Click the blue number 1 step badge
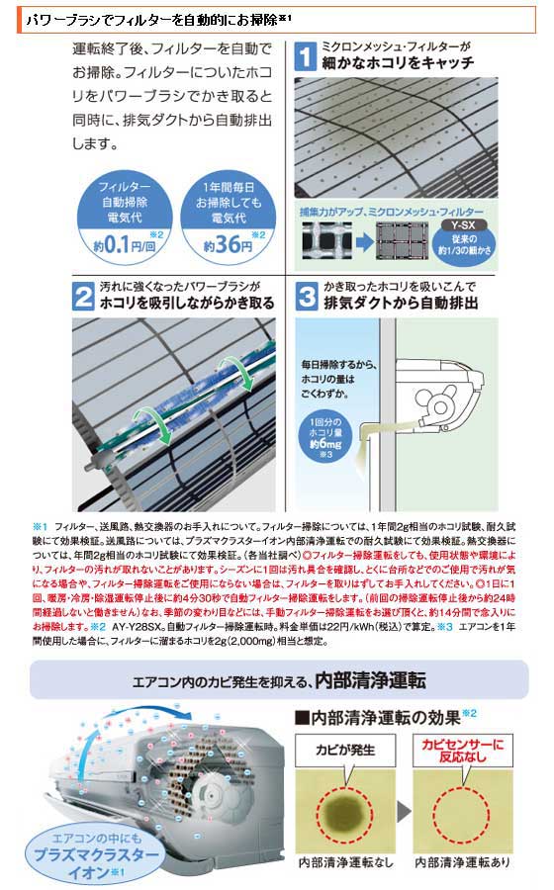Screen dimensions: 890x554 [x=309, y=56]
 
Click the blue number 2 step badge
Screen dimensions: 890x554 [x=86, y=296]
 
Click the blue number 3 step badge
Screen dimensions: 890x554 [x=309, y=296]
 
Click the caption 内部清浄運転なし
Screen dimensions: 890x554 [x=348, y=863]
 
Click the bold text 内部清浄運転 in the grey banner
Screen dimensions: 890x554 [x=371, y=680]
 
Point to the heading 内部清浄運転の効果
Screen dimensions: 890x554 [x=385, y=715]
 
